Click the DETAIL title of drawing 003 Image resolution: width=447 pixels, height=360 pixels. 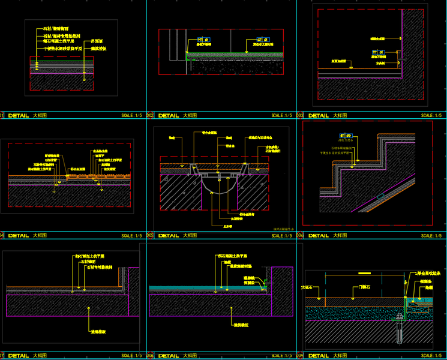pyautogui.click(x=318, y=115)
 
